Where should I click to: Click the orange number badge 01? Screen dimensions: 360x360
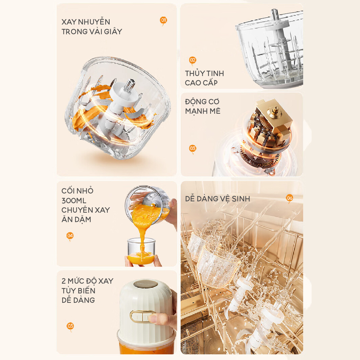163,20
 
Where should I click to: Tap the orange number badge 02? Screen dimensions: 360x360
192,60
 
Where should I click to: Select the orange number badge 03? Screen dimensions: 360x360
192,149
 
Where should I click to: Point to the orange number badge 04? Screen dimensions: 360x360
70,236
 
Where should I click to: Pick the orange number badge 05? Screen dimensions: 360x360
70,326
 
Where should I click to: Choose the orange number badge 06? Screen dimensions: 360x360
290,198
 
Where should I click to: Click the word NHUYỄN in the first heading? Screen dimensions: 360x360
94,22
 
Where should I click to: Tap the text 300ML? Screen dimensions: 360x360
74,201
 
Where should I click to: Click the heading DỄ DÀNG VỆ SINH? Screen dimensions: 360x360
217,199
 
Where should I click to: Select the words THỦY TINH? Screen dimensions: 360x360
204,73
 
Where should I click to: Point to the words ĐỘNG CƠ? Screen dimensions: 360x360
202,101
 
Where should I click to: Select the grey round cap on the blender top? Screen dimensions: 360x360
145,284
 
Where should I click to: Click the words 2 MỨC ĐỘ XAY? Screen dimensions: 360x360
87,281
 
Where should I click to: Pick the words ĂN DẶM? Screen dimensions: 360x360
76,220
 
